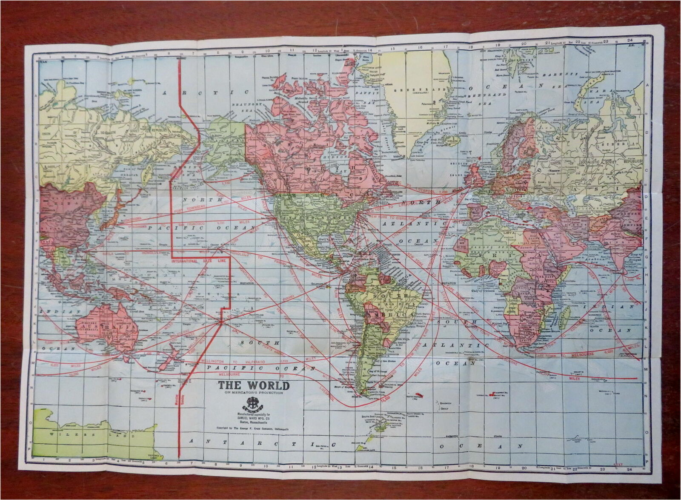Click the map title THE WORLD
[x=254, y=386]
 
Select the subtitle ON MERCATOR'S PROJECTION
[x=254, y=393]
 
